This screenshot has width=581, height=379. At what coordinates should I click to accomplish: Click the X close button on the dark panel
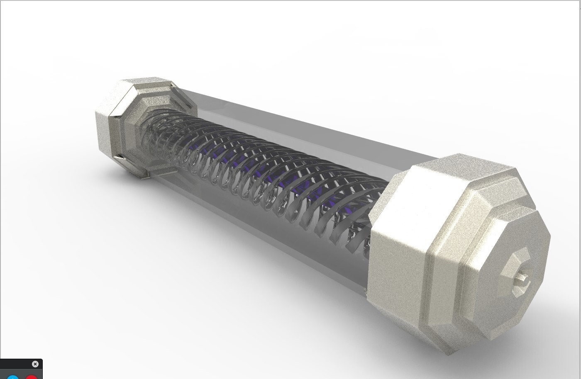[x=35, y=364]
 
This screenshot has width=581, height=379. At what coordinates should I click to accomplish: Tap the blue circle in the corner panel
[x=13, y=377]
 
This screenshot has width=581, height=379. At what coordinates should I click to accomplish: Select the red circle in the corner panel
[x=32, y=377]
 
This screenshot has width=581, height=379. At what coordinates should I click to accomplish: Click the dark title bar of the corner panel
[x=17, y=364]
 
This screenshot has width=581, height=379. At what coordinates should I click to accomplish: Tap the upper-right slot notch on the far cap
[x=171, y=85]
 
